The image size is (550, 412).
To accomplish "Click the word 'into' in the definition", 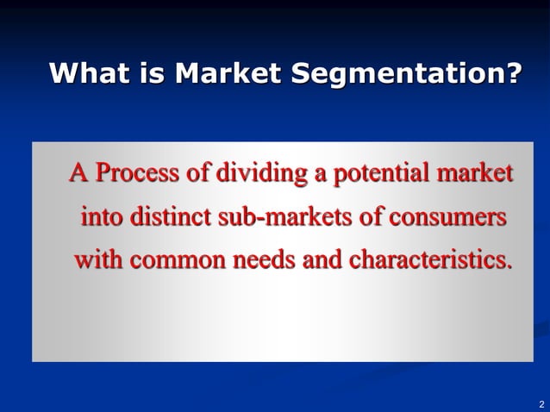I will (x=102, y=215).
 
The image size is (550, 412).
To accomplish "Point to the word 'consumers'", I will (x=448, y=215).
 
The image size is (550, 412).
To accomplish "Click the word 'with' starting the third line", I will (x=96, y=259).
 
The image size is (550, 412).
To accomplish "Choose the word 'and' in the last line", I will (x=322, y=259).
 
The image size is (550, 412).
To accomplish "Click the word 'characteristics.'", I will (x=429, y=259).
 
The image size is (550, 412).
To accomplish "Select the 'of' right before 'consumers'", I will (x=371, y=215).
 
